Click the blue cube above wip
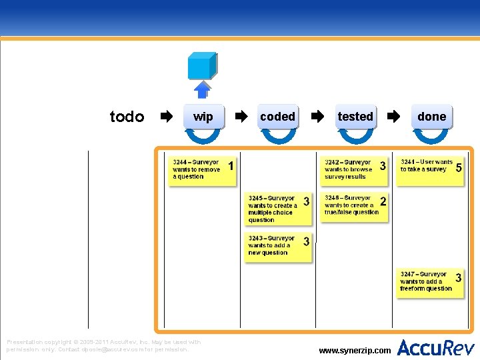click(x=202, y=65)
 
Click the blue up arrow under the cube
click(x=202, y=89)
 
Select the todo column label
click(x=127, y=117)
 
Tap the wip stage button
click(x=203, y=117)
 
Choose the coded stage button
click(x=278, y=117)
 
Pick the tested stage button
click(x=355, y=117)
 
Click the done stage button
click(x=431, y=117)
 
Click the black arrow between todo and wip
click(x=166, y=117)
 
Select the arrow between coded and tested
click(x=318, y=117)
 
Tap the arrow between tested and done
click(x=394, y=117)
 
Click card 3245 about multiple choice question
click(x=279, y=209)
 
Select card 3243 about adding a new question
click(x=279, y=247)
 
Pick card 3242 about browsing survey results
click(x=355, y=170)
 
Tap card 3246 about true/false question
click(x=355, y=207)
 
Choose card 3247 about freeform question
click(x=431, y=283)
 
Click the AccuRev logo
click(x=436, y=347)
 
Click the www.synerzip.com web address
click(x=355, y=350)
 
